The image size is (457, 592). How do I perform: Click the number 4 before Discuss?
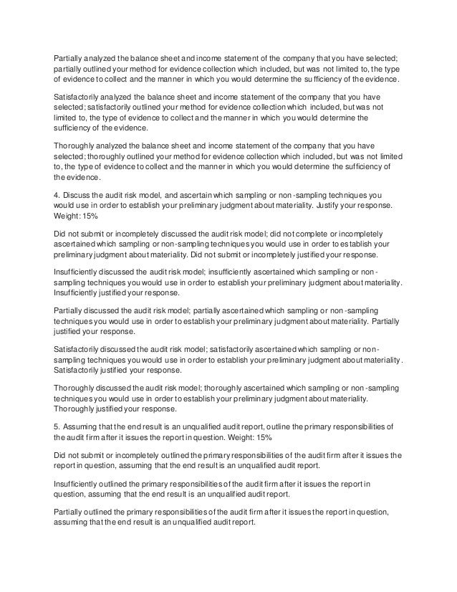click(57, 194)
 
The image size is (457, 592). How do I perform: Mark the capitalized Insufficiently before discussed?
click(82, 272)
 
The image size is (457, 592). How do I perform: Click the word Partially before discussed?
click(71, 310)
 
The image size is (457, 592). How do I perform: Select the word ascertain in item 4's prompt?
click(207, 194)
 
